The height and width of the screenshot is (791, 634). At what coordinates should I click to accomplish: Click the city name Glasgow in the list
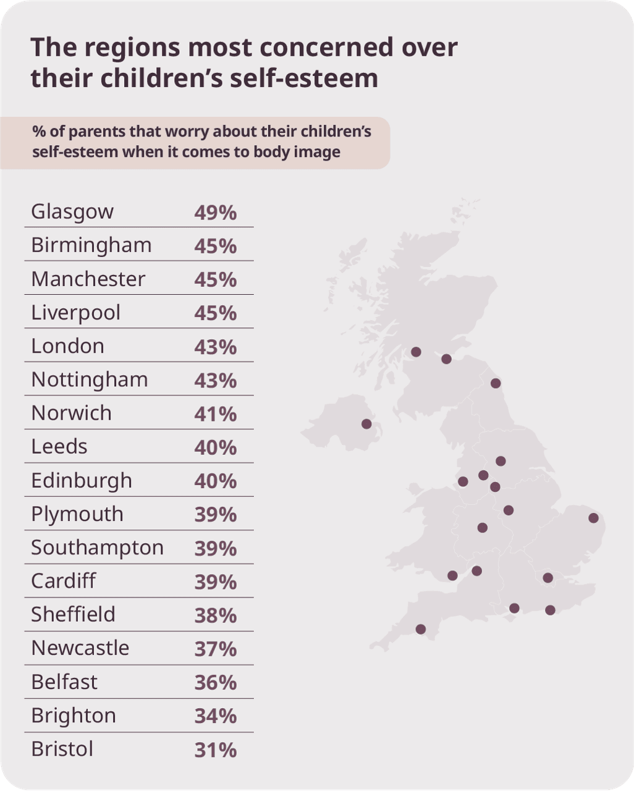pyautogui.click(x=72, y=212)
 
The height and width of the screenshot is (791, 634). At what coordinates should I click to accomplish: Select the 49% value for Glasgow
pyautogui.click(x=215, y=213)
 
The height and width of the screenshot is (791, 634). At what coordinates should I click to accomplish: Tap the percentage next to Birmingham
pyautogui.click(x=215, y=246)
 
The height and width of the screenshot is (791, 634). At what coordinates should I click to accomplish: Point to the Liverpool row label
pyautogui.click(x=75, y=313)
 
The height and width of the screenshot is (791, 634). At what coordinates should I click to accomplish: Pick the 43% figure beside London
pyautogui.click(x=215, y=347)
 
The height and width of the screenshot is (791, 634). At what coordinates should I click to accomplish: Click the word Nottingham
pyautogui.click(x=90, y=379)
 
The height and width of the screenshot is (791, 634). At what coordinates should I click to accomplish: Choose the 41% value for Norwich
pyautogui.click(x=215, y=414)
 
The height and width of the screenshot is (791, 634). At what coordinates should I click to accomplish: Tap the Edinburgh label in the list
pyautogui.click(x=82, y=481)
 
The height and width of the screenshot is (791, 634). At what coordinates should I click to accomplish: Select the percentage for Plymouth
pyautogui.click(x=215, y=515)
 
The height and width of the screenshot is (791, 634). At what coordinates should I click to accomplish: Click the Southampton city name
pyautogui.click(x=97, y=548)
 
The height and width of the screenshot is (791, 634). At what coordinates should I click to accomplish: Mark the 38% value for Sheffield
pyautogui.click(x=215, y=615)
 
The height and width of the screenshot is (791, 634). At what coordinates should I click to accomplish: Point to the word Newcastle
pyautogui.click(x=80, y=648)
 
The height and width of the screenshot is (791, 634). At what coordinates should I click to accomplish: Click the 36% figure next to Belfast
pyautogui.click(x=215, y=682)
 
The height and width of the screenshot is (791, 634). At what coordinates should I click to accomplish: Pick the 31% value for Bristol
pyautogui.click(x=215, y=750)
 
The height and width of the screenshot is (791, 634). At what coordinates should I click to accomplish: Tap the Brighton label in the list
pyautogui.click(x=74, y=716)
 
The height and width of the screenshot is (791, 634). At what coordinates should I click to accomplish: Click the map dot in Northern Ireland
pyautogui.click(x=366, y=424)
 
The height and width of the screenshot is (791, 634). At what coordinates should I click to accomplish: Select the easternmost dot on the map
pyautogui.click(x=594, y=518)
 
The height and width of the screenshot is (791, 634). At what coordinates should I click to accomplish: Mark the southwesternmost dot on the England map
pyautogui.click(x=421, y=629)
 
